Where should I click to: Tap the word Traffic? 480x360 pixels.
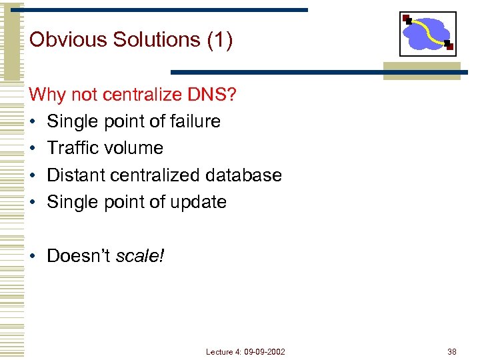pyautogui.click(x=71, y=148)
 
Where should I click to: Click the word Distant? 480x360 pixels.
pyautogui.click(x=75, y=175)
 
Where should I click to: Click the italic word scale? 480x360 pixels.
pyautogui.click(x=140, y=256)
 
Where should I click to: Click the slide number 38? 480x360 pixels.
pyautogui.click(x=452, y=351)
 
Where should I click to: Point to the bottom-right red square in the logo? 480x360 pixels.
pyautogui.click(x=449, y=46)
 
